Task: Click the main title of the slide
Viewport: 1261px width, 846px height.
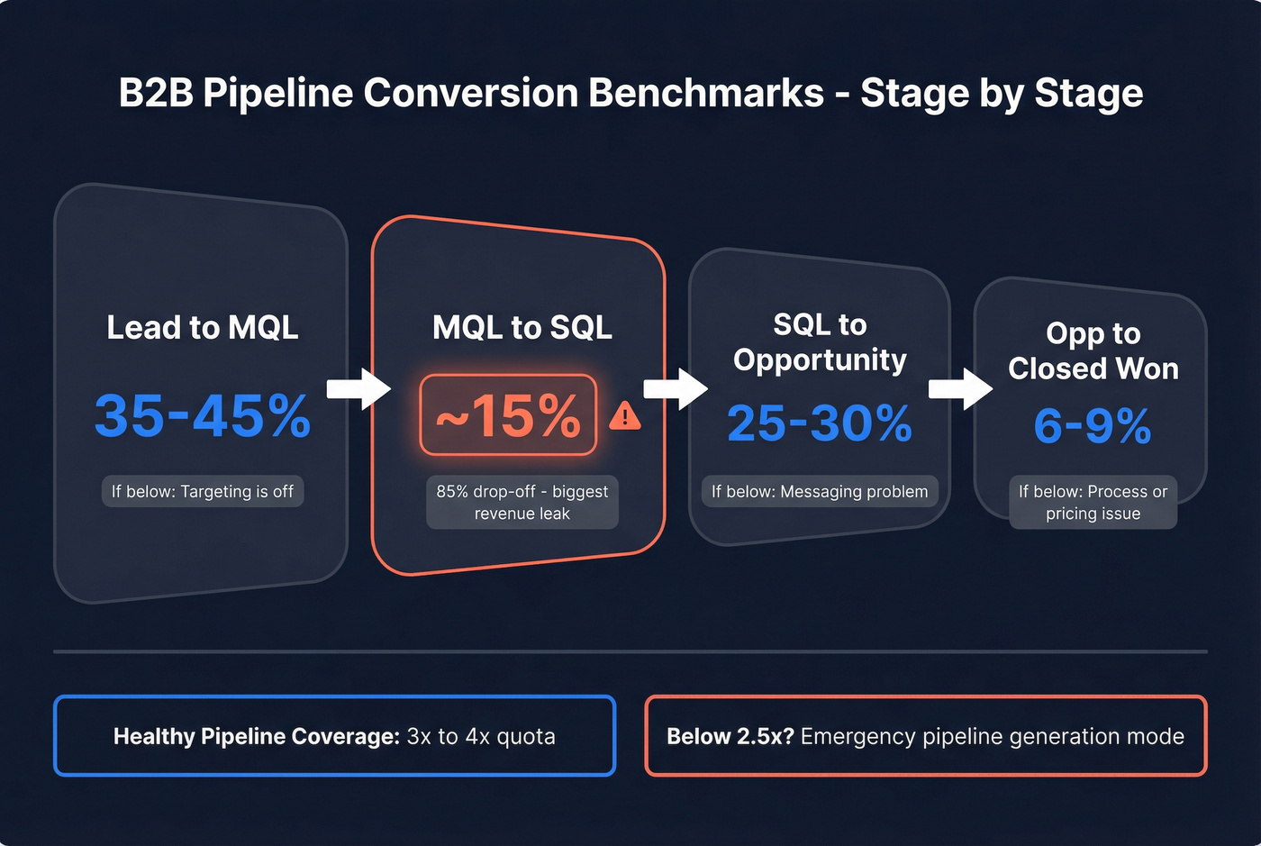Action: [630, 94]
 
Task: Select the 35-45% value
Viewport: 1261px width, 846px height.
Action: [203, 416]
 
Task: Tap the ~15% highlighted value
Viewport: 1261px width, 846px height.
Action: [508, 416]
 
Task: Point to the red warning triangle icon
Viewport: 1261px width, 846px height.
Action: [625, 416]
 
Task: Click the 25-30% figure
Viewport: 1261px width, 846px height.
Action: [820, 423]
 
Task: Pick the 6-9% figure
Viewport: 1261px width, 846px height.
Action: [1092, 426]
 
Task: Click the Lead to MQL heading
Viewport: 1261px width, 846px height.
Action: [203, 327]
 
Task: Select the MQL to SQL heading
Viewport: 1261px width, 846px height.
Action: [522, 327]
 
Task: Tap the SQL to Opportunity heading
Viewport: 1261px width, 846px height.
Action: [820, 342]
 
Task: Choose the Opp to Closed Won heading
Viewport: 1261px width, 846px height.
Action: [1093, 350]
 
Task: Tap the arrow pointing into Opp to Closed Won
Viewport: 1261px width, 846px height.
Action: [960, 389]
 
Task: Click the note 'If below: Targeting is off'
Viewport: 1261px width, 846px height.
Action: [203, 492]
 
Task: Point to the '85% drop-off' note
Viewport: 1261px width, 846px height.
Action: [522, 502]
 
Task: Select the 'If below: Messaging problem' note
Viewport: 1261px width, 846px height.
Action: [820, 492]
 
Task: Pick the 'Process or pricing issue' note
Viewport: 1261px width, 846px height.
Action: [1093, 502]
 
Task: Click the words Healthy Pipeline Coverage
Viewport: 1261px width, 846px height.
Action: [256, 737]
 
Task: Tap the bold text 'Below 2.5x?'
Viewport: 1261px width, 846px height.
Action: [730, 737]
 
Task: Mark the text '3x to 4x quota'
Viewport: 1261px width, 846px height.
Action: [481, 737]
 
